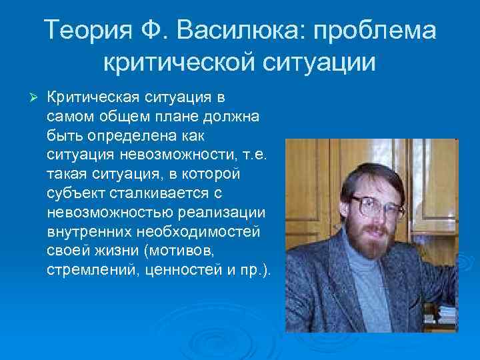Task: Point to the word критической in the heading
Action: pyautogui.click(x=181, y=64)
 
